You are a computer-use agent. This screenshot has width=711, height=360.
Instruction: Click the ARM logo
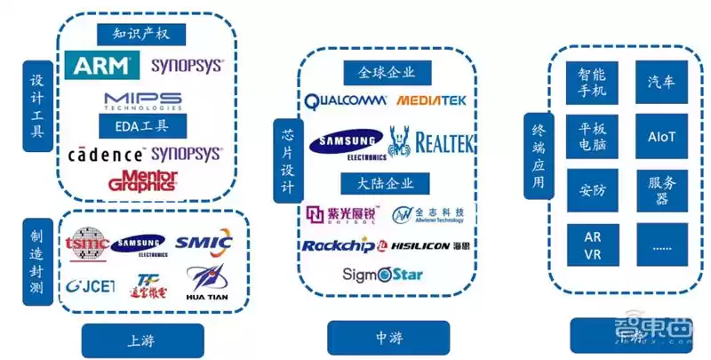point(102,65)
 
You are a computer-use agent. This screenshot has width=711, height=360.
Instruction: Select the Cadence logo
point(106,154)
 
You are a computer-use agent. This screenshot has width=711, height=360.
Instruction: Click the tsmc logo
point(87,243)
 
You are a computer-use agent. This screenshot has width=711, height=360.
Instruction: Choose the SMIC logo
point(204,242)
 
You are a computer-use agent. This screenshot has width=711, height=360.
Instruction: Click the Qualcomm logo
point(347,101)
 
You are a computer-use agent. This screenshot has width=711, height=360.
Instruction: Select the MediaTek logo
point(431,101)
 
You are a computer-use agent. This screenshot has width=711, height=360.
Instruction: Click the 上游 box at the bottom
point(142,339)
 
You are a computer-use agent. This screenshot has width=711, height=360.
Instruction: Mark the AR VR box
point(593,245)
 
